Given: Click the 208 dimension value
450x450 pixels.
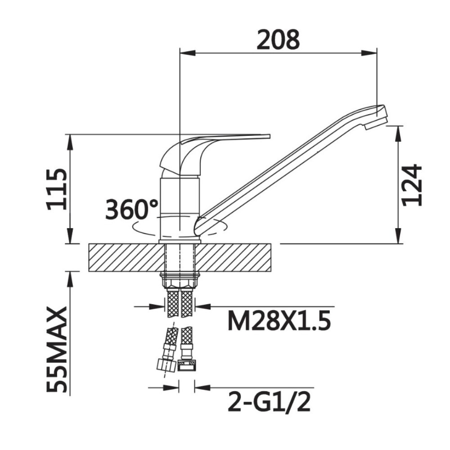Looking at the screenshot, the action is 278,40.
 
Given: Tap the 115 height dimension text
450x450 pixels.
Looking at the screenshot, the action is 57,189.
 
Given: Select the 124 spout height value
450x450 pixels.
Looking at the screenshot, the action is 412,185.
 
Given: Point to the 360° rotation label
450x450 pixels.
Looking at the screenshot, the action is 132,209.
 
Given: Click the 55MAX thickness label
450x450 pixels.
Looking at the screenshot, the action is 57,350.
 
